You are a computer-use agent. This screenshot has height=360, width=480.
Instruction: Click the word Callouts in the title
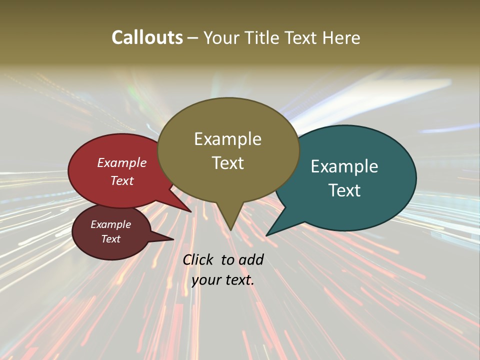(x=147, y=37)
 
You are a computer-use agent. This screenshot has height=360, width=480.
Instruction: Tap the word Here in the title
(x=341, y=37)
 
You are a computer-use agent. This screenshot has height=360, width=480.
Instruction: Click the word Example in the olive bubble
(x=227, y=139)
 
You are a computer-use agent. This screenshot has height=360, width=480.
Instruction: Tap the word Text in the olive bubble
(x=227, y=163)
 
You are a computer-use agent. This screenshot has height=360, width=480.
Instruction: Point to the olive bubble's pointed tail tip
(x=230, y=230)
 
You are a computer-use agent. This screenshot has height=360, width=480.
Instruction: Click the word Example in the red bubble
(x=122, y=162)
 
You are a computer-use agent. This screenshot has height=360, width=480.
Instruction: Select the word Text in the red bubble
(x=122, y=180)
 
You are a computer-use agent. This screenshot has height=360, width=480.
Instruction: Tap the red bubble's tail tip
(x=191, y=211)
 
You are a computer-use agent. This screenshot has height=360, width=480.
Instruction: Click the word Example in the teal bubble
(x=344, y=166)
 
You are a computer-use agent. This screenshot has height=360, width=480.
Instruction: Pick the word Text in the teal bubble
(x=344, y=190)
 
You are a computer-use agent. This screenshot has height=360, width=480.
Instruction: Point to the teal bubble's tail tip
(x=266, y=235)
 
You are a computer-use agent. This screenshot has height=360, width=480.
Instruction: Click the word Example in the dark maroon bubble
(x=110, y=224)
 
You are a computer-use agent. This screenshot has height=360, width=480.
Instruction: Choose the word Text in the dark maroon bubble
(x=110, y=239)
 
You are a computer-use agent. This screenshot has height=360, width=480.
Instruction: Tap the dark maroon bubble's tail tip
(x=173, y=239)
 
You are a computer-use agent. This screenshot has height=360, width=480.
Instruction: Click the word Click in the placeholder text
(x=198, y=259)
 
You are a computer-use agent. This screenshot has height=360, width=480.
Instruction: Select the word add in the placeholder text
(x=250, y=259)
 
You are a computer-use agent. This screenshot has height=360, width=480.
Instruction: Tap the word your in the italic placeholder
(x=205, y=280)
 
